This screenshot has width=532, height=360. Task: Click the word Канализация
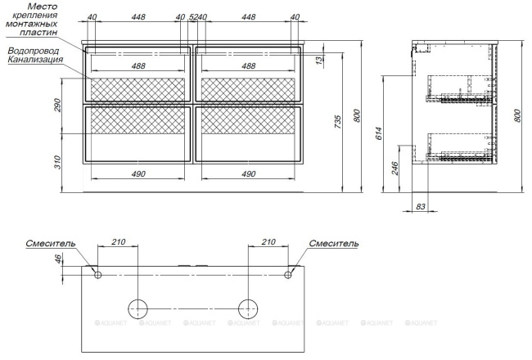point(34,60)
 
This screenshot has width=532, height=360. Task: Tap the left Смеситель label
point(51,243)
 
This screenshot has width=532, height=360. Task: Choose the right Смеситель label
point(333,243)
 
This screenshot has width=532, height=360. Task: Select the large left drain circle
point(138,309)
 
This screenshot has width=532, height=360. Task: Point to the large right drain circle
point(248,309)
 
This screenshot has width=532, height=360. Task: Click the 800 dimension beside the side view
point(517,115)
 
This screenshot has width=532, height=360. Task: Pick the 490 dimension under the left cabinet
point(138,173)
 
